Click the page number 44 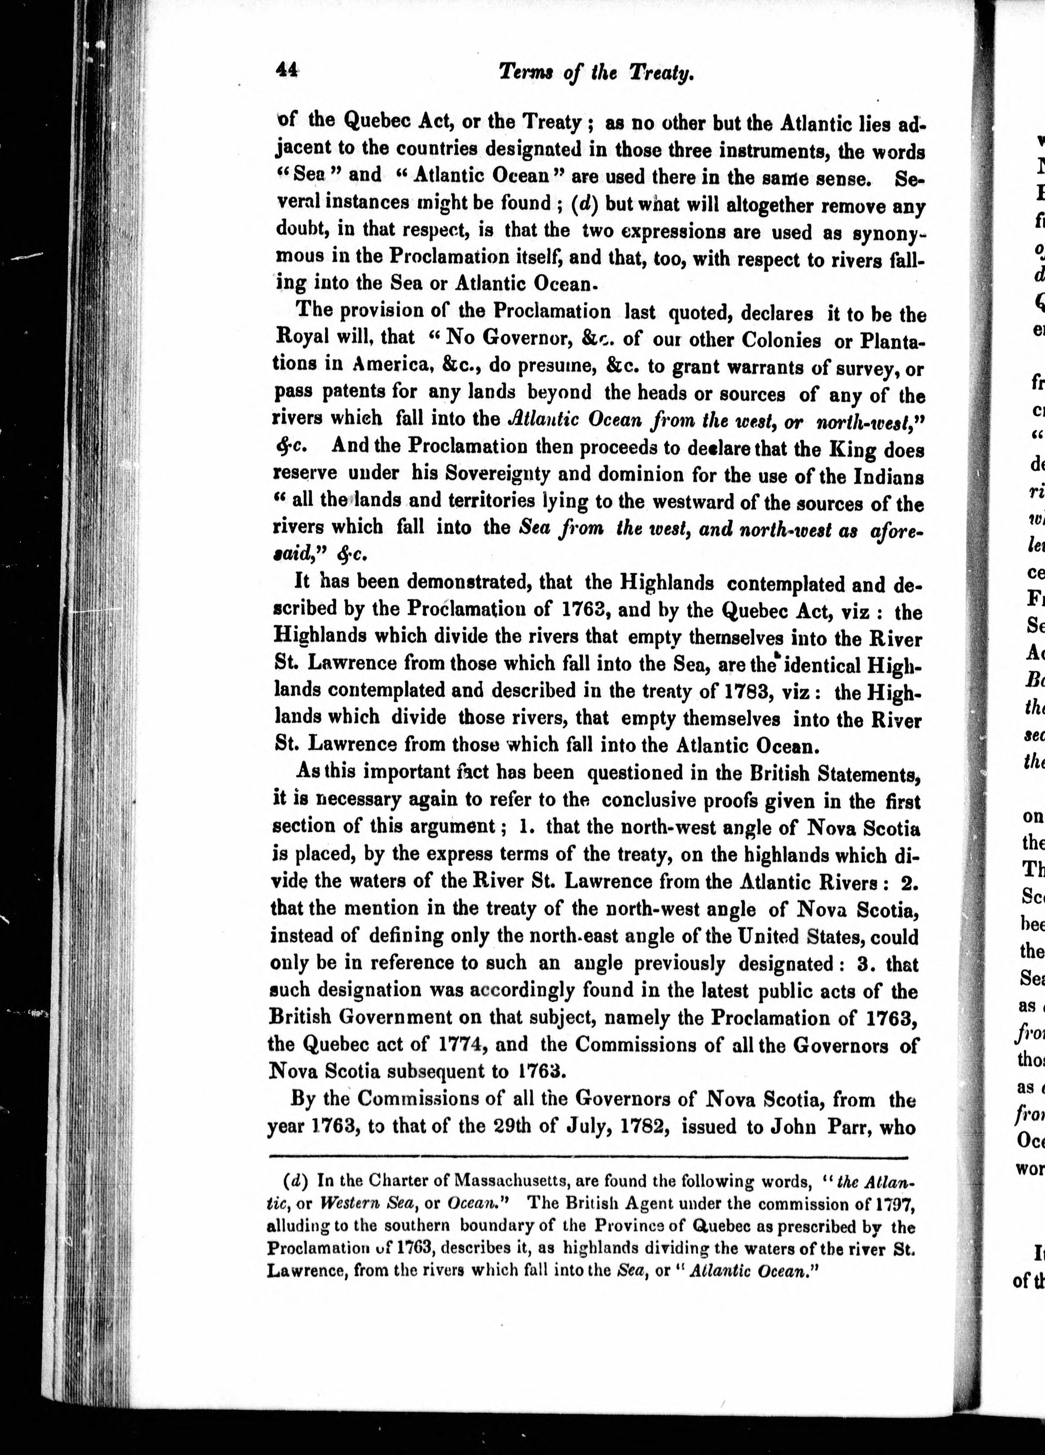tap(286, 70)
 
